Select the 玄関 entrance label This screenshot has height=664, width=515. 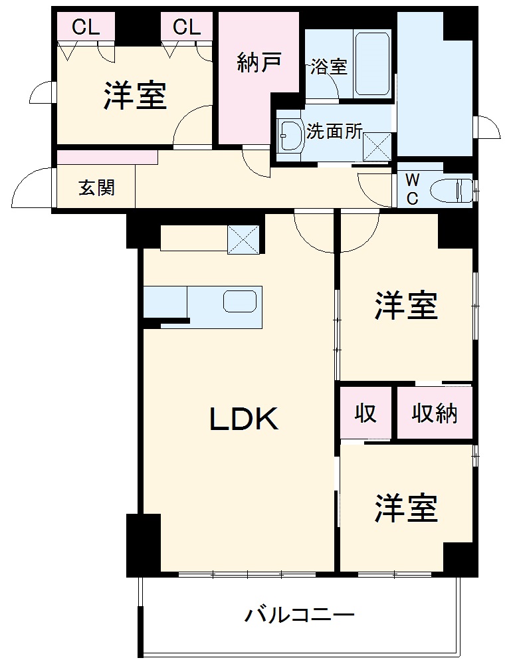(97, 188)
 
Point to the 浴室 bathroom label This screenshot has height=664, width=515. (329, 67)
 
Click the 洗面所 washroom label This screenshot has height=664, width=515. (334, 132)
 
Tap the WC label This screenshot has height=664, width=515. (412, 189)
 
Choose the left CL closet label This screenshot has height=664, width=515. (86, 27)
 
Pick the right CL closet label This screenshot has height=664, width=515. (187, 27)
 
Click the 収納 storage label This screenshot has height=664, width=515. (435, 413)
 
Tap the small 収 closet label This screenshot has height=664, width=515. (365, 413)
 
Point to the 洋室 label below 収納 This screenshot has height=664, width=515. (406, 508)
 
